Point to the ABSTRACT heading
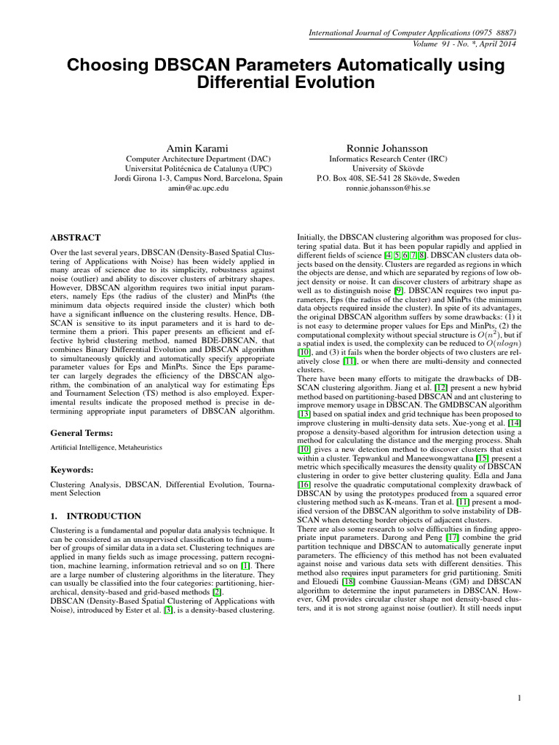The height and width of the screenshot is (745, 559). (x=75, y=237)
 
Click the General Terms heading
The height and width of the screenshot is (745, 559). (x=82, y=432)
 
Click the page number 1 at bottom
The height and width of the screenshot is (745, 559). (x=520, y=698)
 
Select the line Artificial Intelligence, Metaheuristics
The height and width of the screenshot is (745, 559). (x=106, y=447)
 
